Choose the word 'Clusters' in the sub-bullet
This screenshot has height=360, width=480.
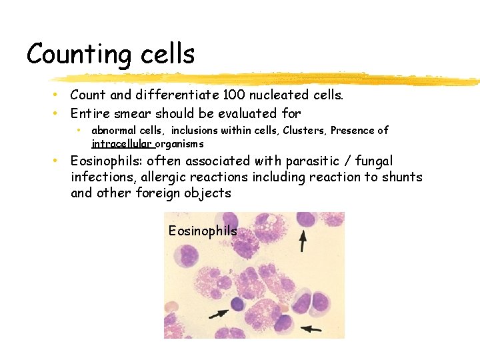pyautogui.click(x=303, y=130)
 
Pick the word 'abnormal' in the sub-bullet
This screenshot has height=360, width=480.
pyautogui.click(x=115, y=130)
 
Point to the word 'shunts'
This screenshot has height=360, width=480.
pyautogui.click(x=401, y=177)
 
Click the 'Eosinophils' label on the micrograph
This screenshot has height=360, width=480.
pyautogui.click(x=203, y=231)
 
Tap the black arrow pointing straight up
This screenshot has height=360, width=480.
pyautogui.click(x=303, y=241)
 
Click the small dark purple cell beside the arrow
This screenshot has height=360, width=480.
pyautogui.click(x=238, y=305)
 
